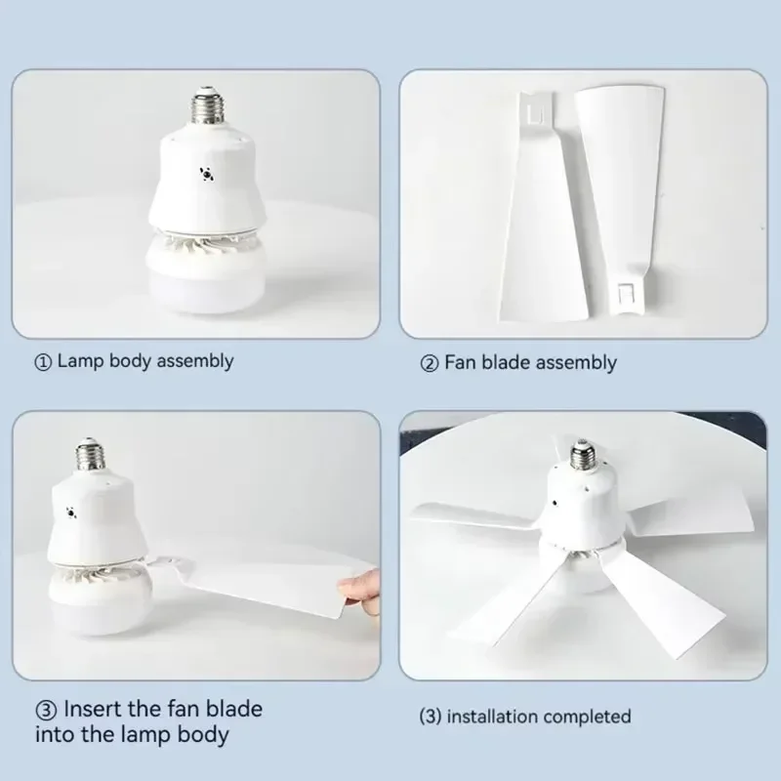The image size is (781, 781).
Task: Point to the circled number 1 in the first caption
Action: pos(43,362)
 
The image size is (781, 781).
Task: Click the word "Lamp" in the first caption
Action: pos(80,361)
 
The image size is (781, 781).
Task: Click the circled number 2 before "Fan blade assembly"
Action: pos(430,363)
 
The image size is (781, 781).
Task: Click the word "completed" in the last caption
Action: pos(588,717)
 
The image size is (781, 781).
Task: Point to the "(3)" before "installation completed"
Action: pos(431,717)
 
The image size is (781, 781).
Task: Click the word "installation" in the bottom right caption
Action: pos(492,717)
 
